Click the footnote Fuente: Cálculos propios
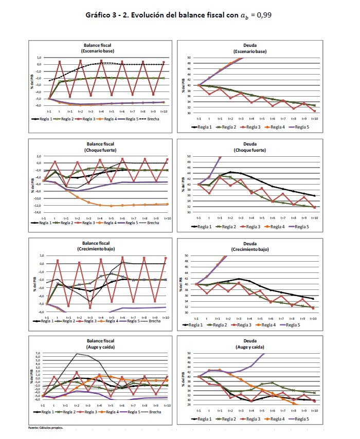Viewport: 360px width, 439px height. (45, 427)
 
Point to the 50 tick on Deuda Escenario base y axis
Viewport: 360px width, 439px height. (189, 58)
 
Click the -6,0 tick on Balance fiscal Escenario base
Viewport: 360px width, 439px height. (39, 106)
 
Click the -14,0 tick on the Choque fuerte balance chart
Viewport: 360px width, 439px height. (38, 212)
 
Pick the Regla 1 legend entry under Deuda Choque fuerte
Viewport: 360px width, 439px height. (203, 226)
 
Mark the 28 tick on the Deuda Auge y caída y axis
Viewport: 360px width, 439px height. (189, 405)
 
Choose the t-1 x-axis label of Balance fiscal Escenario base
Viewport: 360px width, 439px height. (49, 111)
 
